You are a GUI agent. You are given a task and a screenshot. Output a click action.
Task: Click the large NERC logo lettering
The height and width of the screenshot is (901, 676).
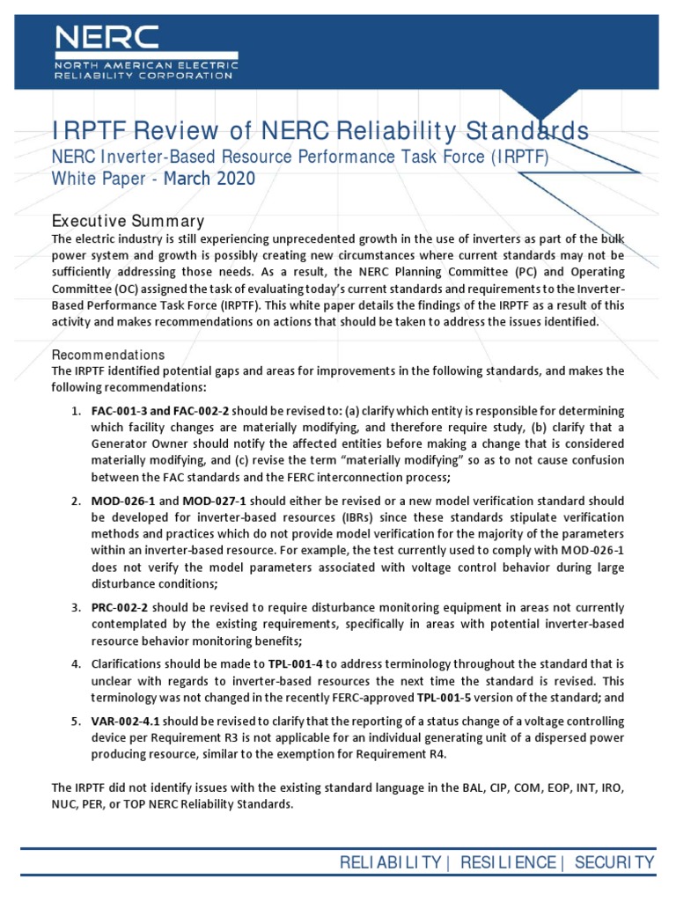(x=107, y=37)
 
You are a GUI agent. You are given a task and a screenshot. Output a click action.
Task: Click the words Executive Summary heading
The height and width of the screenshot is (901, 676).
(x=128, y=221)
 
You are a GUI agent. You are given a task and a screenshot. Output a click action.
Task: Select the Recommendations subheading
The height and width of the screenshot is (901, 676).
(x=108, y=355)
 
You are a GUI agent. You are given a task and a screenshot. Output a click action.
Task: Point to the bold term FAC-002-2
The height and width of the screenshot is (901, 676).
(x=202, y=411)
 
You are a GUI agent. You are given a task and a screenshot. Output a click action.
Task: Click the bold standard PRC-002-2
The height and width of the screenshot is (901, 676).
(x=121, y=608)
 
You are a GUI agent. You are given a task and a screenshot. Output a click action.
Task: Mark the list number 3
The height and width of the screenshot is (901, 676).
(x=76, y=608)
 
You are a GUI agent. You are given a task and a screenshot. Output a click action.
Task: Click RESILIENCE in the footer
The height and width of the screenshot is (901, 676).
(x=510, y=863)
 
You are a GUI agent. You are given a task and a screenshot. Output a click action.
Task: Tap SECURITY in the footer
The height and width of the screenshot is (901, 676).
(x=614, y=863)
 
